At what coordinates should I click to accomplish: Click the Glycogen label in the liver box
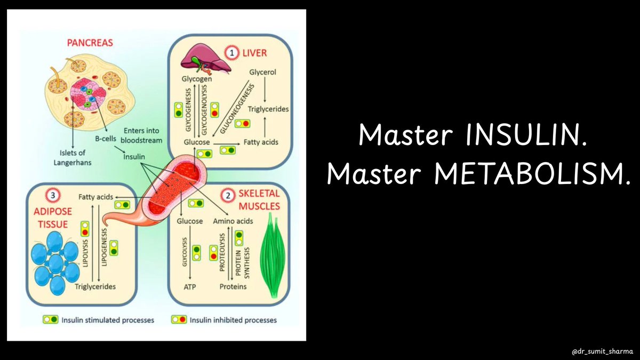tap(197, 79)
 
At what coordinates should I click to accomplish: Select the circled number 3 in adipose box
tap(53, 196)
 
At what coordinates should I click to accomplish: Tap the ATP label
tap(190, 286)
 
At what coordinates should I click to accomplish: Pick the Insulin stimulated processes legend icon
tap(50, 320)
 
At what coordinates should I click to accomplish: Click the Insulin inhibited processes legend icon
tap(178, 320)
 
